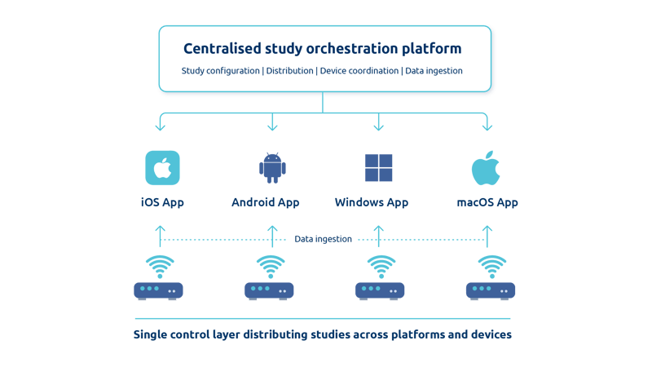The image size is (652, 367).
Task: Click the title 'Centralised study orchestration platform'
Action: [324, 48]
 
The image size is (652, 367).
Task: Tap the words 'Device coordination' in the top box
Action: [359, 71]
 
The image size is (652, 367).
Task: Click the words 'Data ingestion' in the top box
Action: [434, 71]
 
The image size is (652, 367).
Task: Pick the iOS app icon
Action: [162, 168]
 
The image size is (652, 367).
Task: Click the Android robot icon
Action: [272, 167]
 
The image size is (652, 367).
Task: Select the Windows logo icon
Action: [378, 167]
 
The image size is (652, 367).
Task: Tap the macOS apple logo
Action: [486, 168]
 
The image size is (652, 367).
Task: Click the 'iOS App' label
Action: [161, 202]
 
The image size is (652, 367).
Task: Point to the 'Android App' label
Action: [266, 202]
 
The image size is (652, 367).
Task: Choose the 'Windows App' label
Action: [372, 202]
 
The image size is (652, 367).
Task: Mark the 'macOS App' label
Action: [487, 202]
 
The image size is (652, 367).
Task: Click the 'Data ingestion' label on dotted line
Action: [324, 239]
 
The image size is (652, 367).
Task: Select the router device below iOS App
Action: [158, 290]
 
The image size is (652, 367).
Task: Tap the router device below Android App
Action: [269, 290]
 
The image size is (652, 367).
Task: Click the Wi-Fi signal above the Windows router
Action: [380, 266]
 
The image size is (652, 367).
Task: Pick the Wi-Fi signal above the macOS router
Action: [491, 266]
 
